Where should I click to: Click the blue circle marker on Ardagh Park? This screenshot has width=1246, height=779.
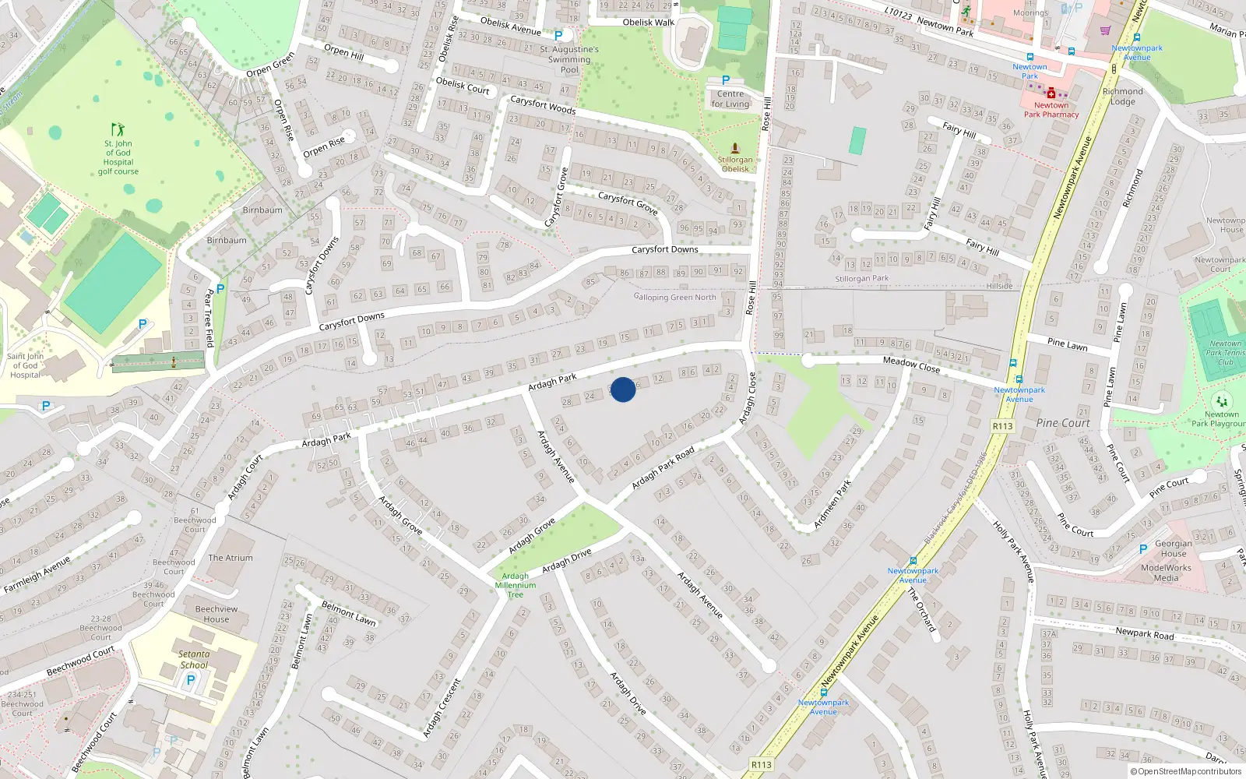pos(623,389)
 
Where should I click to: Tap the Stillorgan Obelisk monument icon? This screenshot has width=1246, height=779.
pos(734,147)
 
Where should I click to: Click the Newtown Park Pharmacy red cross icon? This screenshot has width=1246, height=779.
pos(1051,93)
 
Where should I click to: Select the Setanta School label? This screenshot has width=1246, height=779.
pos(194,660)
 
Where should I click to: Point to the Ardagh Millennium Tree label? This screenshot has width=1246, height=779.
pos(516,585)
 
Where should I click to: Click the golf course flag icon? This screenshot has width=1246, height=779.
pos(118,129)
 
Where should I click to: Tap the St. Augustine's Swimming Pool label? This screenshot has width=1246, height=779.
pos(569,59)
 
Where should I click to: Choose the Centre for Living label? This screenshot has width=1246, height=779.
pos(730,99)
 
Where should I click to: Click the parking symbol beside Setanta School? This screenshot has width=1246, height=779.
pos(191,680)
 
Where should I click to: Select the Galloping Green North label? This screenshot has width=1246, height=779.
pos(675,297)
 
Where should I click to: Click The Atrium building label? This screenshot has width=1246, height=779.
pos(231,558)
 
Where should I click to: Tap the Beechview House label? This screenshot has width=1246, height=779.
pos(216,614)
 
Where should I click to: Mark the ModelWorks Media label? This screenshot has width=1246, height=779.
pos(1166,573)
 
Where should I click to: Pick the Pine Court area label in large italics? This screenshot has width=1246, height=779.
pos(1063,423)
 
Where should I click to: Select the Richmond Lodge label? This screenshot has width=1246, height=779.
pos(1123,97)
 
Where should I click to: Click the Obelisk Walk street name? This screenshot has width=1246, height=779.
pos(648,23)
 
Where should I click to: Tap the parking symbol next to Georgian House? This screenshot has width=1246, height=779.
pos(1143,549)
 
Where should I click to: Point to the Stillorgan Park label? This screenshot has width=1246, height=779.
pos(861,278)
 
